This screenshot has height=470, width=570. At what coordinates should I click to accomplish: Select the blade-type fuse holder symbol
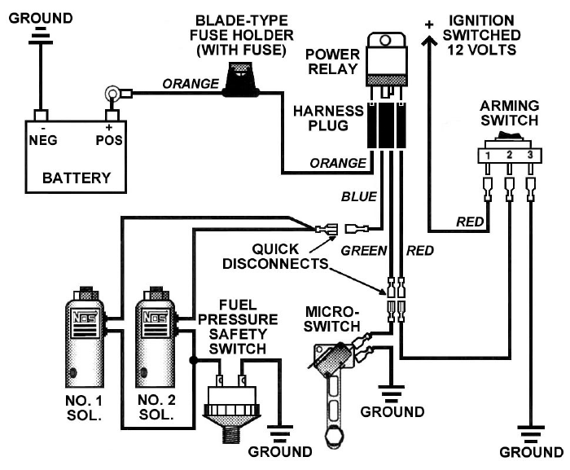point(239,83)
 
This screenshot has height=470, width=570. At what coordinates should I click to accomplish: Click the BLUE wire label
point(358,196)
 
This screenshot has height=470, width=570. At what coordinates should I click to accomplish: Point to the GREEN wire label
point(362,251)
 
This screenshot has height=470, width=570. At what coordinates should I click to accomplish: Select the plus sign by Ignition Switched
point(427,25)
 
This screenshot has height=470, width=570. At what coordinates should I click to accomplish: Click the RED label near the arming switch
point(471,221)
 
